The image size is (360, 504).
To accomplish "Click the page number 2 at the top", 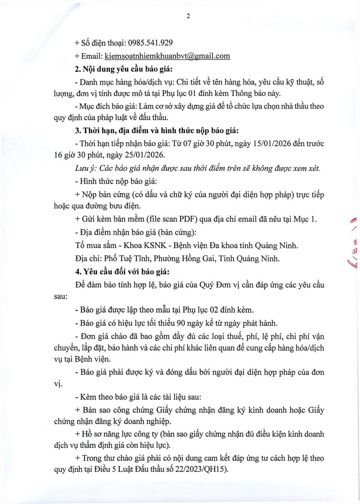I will point(188,16).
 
